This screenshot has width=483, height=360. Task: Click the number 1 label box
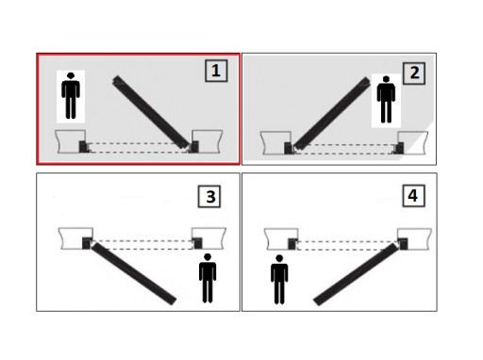[216, 71]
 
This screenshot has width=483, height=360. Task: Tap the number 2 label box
[414, 74]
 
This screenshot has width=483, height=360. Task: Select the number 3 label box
[209, 197]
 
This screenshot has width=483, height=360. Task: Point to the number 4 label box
[414, 196]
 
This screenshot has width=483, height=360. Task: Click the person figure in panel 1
[71, 96]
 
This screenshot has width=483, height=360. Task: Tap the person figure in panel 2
[386, 99]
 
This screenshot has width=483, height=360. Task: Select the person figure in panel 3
[208, 278]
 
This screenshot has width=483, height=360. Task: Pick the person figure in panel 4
[279, 280]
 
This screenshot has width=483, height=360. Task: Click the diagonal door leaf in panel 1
[151, 112]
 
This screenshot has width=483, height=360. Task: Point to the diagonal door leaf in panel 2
[332, 113]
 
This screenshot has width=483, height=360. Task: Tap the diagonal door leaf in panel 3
[133, 273]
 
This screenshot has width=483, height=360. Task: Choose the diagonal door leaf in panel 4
[357, 274]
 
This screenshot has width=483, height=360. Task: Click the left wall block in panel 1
[71, 141]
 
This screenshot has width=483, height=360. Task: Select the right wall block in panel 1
[208, 141]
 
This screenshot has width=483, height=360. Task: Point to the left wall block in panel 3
[75, 238]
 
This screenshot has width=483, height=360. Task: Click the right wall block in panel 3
[209, 238]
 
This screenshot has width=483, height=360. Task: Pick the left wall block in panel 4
[281, 239]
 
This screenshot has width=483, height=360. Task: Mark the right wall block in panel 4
[414, 239]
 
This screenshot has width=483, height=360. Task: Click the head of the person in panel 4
[279, 258]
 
